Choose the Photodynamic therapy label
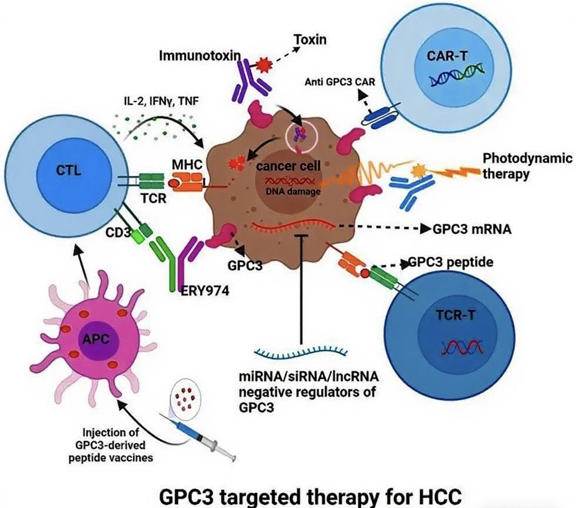pyautogui.click(x=527, y=166)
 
